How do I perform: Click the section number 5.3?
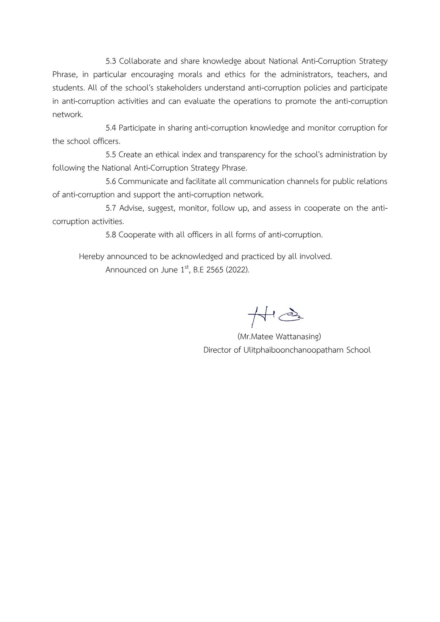pos(111,61)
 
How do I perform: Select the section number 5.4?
pos(111,128)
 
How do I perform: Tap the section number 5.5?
pos(111,155)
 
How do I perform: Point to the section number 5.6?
pos(111,182)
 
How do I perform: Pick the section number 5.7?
pos(111,208)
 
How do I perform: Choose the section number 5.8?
pos(111,235)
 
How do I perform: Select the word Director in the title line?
pos(217,350)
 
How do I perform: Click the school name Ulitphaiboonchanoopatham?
pos(294,350)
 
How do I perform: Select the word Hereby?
pos(91,257)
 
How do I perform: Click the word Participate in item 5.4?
pos(137,128)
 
